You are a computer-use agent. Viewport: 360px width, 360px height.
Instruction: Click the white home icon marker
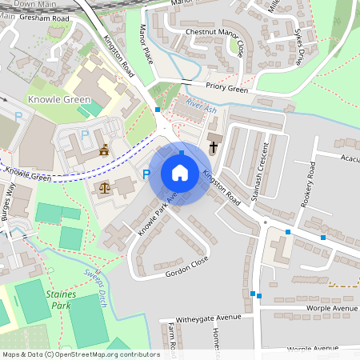point(180,173)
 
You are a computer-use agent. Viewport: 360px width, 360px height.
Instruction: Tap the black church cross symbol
point(213,148)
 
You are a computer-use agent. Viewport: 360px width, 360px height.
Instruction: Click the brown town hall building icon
point(104,150)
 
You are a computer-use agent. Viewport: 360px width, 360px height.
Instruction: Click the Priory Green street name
point(226,90)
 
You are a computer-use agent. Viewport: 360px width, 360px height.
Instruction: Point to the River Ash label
point(200,105)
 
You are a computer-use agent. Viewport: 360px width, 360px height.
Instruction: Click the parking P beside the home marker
point(146,174)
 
